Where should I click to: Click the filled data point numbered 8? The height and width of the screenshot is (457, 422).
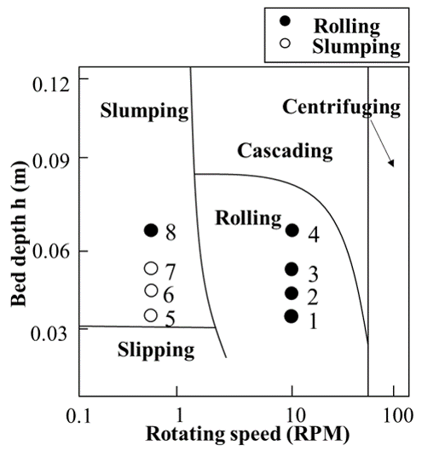tap(151, 230)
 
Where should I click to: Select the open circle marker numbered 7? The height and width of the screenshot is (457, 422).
tap(151, 269)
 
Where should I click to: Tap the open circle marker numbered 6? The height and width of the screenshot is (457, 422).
tap(151, 290)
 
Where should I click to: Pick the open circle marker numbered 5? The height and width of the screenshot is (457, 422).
tap(151, 315)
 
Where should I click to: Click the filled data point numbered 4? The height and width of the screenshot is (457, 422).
tap(292, 230)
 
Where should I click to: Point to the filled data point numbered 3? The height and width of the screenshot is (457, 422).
tap(292, 269)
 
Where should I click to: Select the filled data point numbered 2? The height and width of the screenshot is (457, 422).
tap(292, 293)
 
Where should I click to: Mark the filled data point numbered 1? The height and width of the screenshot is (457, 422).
tap(292, 316)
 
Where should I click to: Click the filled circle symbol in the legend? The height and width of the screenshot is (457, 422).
tap(285, 20)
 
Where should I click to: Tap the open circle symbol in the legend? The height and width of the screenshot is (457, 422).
tap(285, 43)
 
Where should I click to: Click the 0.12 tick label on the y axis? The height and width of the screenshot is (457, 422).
tap(51, 84)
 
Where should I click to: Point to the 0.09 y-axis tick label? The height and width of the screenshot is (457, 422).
tap(51, 161)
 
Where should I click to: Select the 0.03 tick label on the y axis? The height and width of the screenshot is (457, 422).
tap(49, 334)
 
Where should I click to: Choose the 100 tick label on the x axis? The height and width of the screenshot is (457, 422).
tap(398, 415)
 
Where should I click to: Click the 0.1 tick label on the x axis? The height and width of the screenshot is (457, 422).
tap(78, 416)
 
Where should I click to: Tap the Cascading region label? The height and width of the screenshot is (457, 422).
tap(285, 152)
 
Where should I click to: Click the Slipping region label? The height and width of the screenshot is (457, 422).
tap(156, 350)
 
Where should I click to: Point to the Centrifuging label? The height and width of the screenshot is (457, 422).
tap(341, 108)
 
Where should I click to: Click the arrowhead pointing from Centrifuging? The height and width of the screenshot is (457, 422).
tap(391, 163)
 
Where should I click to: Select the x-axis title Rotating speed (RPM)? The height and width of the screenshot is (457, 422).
tap(248, 435)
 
